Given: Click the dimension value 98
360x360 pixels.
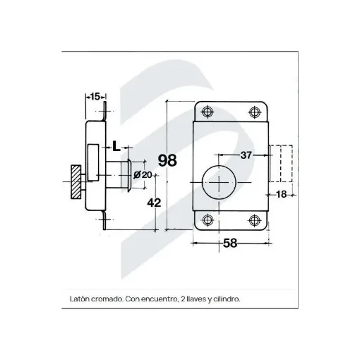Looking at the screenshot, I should [167, 160].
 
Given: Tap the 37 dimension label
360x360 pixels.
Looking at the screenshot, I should [246, 155].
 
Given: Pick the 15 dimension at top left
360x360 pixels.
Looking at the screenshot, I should [95, 97].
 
